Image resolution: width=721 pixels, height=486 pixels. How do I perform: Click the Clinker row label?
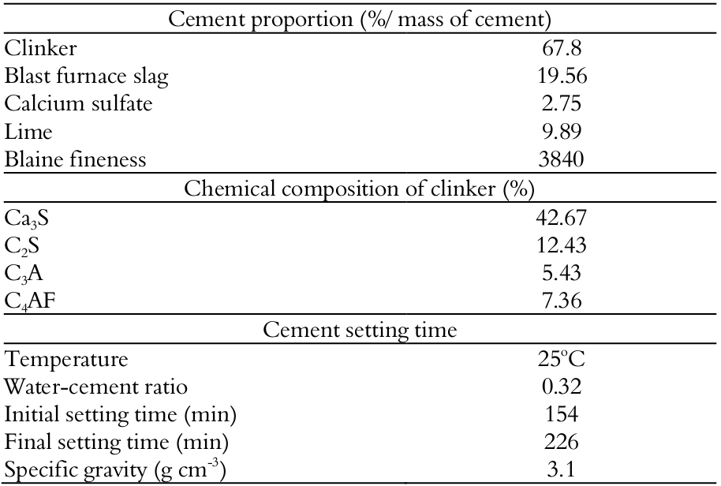[41, 49]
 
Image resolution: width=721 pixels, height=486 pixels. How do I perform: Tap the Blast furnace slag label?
[87, 77]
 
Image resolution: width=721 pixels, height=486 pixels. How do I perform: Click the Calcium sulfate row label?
[78, 104]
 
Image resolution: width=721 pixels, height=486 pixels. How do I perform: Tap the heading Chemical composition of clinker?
[359, 189]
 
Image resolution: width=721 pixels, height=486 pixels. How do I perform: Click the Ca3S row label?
[27, 219]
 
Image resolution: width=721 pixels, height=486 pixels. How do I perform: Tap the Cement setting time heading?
[359, 330]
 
